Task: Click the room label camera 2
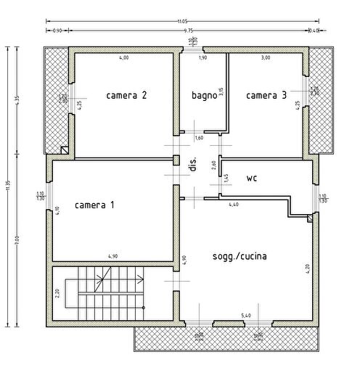point(127,95)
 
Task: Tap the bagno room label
point(204,95)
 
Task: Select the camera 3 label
point(266,95)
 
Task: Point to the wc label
point(252,177)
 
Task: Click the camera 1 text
point(94,205)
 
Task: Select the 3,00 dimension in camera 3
point(266,57)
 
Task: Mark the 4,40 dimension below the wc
point(234,205)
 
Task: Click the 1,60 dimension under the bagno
point(199,138)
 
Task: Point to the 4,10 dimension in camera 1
point(57,210)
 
